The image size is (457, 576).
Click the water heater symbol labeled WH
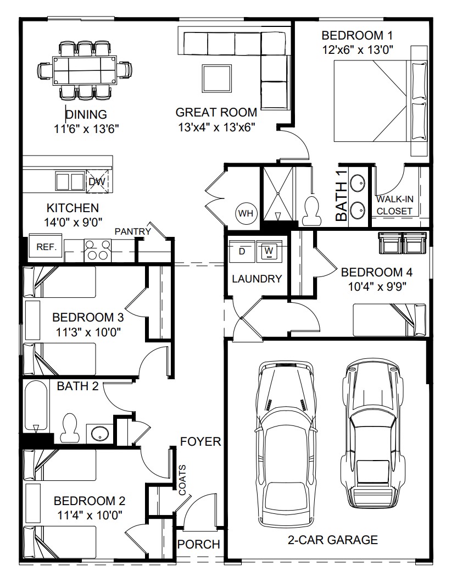tap(244, 212)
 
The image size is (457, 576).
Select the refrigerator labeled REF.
tap(46, 247)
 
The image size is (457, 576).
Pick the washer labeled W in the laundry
tap(269, 251)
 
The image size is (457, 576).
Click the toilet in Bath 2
tap(70, 428)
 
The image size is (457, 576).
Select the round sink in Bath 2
tap(98, 433)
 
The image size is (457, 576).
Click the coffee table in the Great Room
tap(216, 79)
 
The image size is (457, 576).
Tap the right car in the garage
tap(371, 434)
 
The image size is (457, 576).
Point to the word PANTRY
tap(132, 231)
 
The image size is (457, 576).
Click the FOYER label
tap(200, 441)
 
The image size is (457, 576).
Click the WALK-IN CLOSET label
tap(394, 205)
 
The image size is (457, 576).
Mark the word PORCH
tap(199, 545)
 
